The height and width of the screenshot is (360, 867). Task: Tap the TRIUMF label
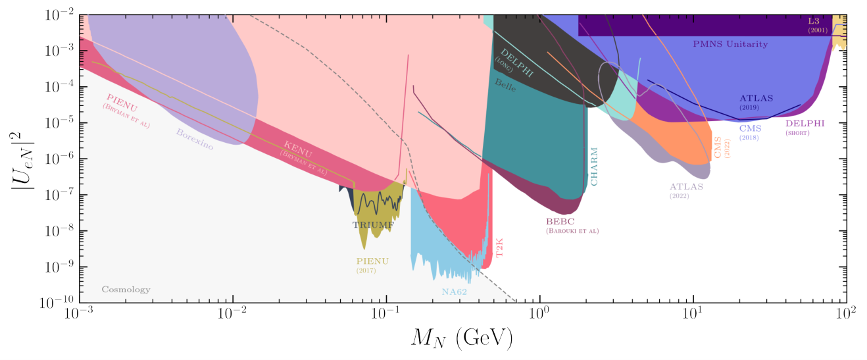(x=373, y=224)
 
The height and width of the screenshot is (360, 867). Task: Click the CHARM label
(x=594, y=168)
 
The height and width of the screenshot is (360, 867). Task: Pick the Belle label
(x=505, y=85)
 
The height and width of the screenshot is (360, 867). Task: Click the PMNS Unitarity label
(x=730, y=44)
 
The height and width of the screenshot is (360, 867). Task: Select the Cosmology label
(x=126, y=290)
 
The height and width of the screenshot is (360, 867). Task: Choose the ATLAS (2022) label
(x=686, y=187)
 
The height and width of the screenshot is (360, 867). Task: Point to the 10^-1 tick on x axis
(x=386, y=314)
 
